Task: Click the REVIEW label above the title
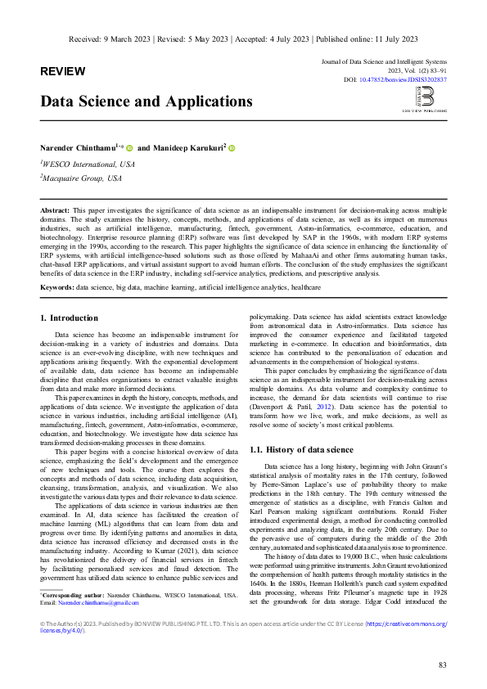pyautogui.click(x=62, y=71)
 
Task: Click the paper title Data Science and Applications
pyautogui.click(x=147, y=101)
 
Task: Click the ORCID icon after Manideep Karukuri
pyautogui.click(x=232, y=148)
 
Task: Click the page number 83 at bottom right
pyautogui.click(x=442, y=664)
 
